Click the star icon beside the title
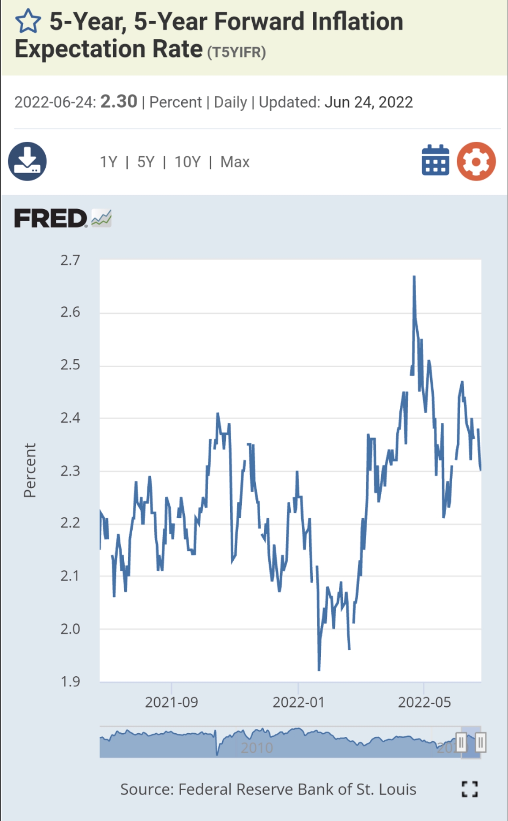click(x=28, y=22)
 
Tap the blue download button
click(x=27, y=161)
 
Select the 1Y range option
click(x=108, y=162)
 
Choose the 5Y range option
click(x=146, y=162)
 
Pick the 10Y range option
click(x=187, y=162)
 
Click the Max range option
click(x=235, y=162)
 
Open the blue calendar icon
click(x=435, y=160)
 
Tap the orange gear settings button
click(x=476, y=161)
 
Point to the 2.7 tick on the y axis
click(x=71, y=261)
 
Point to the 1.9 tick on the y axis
click(x=71, y=681)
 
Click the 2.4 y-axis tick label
click(x=71, y=418)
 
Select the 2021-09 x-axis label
click(x=172, y=702)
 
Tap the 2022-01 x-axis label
click(x=298, y=702)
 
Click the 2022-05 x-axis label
click(x=424, y=702)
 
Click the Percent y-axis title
click(x=30, y=470)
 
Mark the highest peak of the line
click(x=414, y=277)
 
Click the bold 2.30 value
click(x=119, y=101)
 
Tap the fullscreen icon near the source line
click(x=470, y=789)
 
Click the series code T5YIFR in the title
click(x=237, y=52)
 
